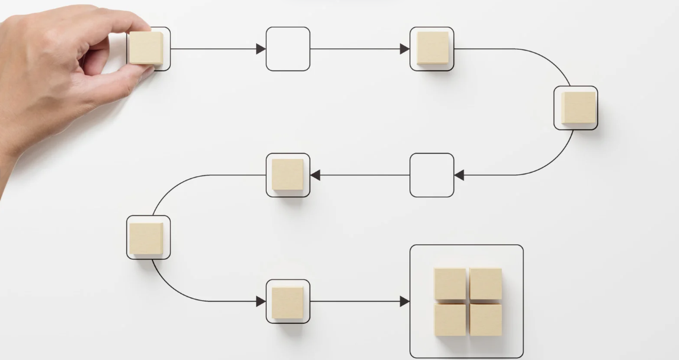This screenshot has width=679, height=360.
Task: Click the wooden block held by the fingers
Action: point(146,48)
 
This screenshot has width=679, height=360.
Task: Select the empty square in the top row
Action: point(288,49)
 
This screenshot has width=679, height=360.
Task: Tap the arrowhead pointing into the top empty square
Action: point(260,49)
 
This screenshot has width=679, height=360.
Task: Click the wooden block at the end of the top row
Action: point(432,48)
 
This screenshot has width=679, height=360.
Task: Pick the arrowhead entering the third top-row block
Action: point(404,49)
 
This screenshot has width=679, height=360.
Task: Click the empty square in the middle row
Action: point(432,175)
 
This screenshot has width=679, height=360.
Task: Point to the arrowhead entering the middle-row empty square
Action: point(459,175)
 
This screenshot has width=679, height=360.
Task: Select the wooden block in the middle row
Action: point(288,175)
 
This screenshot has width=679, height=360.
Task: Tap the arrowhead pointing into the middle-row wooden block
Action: point(315,175)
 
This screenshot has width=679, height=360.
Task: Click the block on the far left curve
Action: point(146,238)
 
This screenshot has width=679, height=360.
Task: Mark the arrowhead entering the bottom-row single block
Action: point(261,301)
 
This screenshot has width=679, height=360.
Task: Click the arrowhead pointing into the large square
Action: point(404,301)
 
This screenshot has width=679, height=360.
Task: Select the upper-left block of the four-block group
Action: point(450,284)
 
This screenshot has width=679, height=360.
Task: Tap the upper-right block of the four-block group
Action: point(486,284)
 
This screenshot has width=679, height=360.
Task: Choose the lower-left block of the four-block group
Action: point(450,320)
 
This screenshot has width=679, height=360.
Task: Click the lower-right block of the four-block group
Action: point(486,320)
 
